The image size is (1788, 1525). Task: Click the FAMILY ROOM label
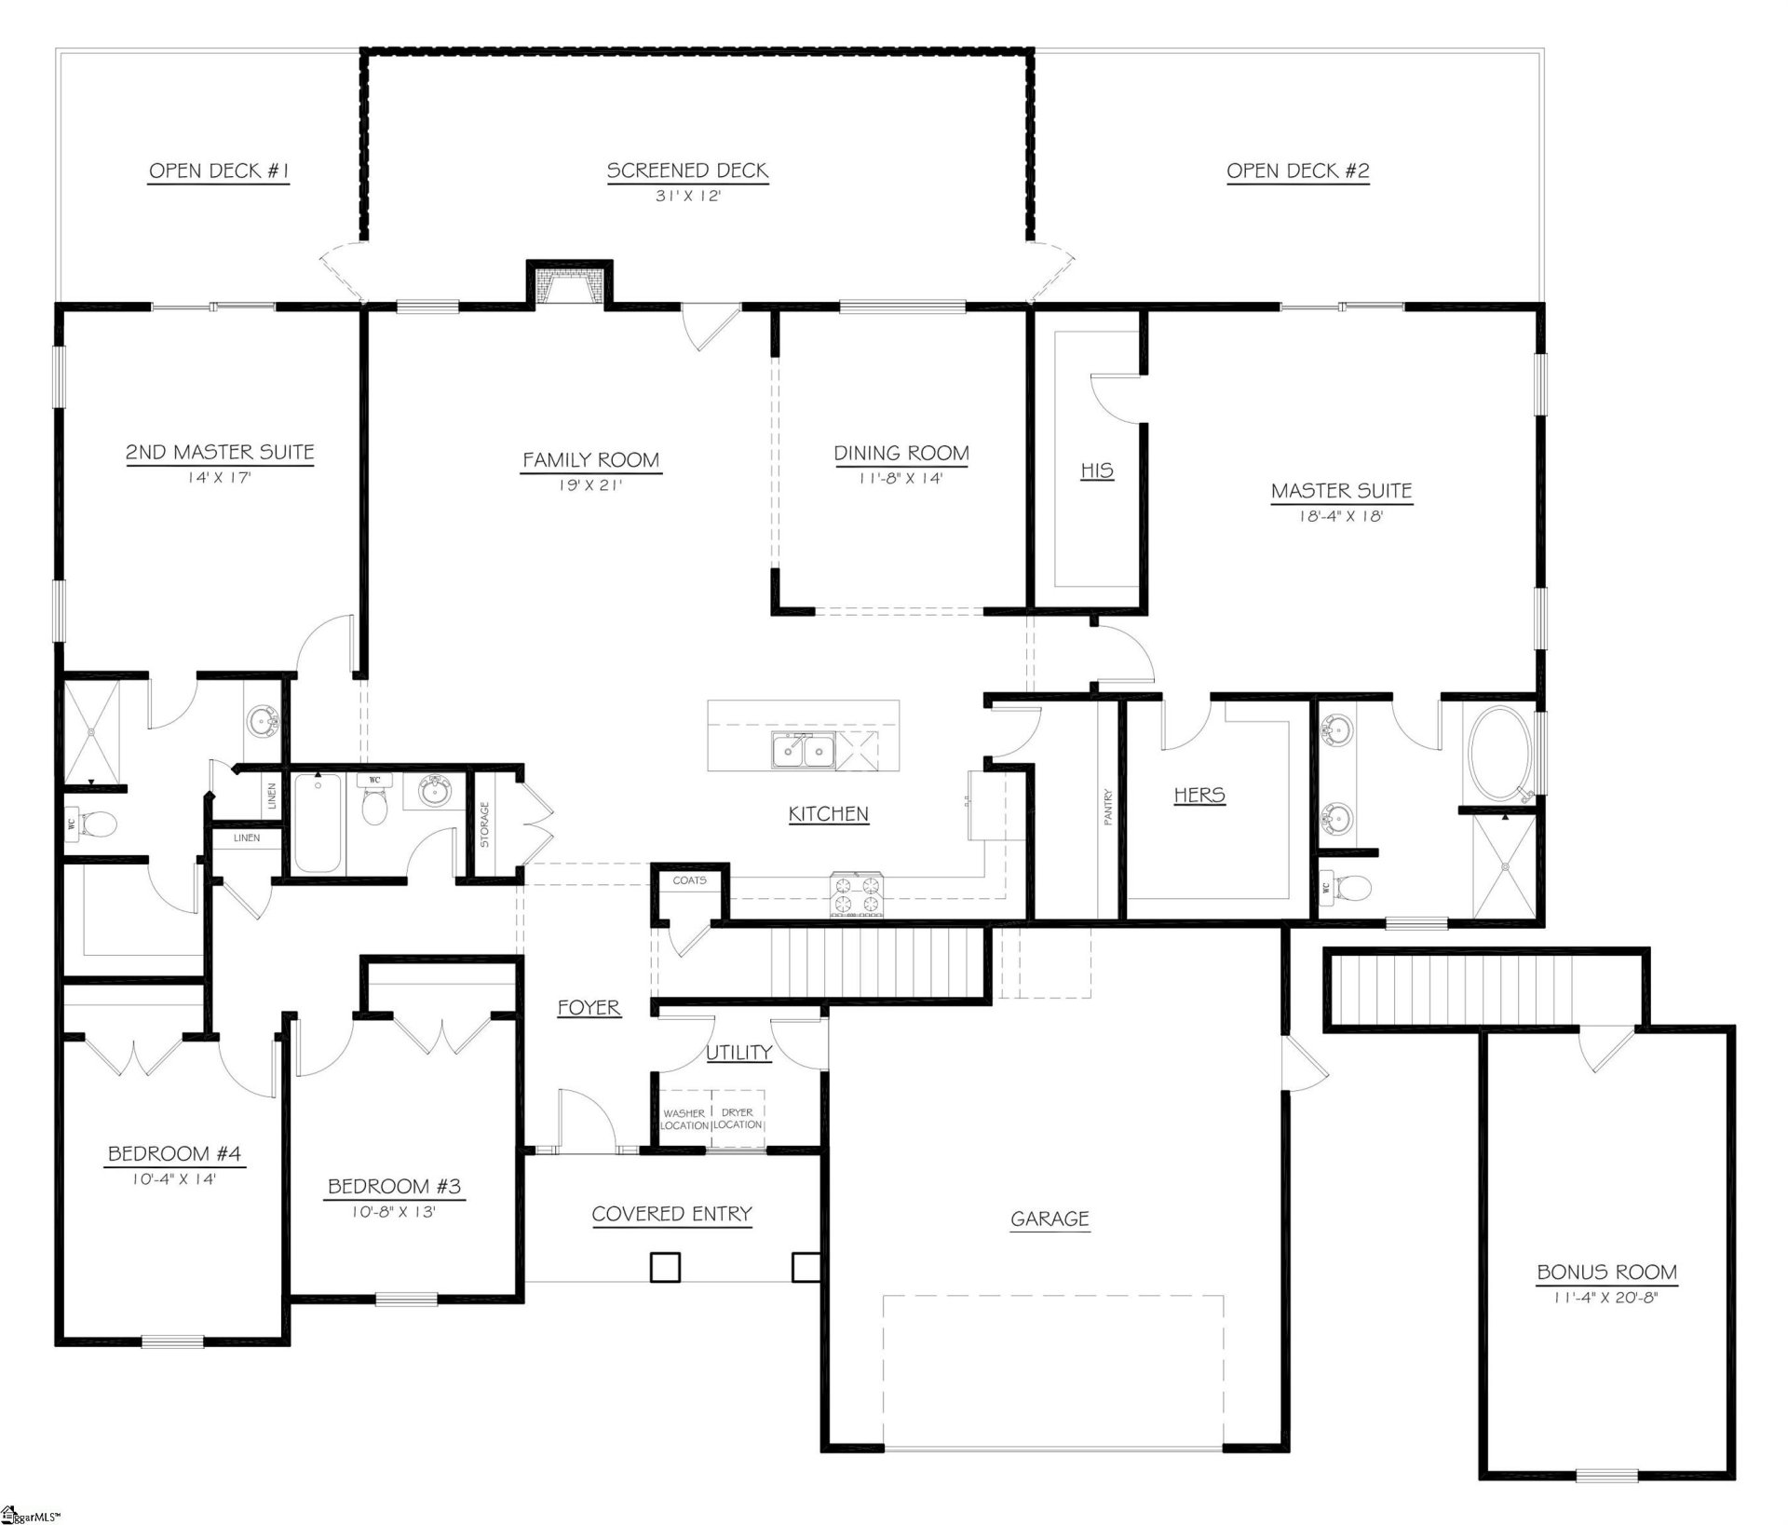tap(590, 460)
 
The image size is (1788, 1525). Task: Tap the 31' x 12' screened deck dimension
tap(687, 197)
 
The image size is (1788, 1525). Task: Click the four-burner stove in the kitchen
tap(856, 894)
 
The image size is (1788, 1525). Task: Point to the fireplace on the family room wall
tap(569, 285)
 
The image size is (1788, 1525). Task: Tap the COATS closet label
tap(689, 879)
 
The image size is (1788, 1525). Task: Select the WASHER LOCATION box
tap(684, 1119)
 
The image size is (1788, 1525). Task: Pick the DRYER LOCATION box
tap(738, 1119)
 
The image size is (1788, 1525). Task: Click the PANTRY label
tap(1107, 807)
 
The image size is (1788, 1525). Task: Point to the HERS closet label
tap(1199, 795)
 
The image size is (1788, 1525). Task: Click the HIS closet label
tap(1096, 470)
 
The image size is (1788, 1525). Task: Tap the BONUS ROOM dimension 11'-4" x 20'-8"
tap(1605, 1297)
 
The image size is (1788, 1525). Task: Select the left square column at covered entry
tap(664, 1267)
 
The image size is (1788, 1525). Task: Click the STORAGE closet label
tap(484, 824)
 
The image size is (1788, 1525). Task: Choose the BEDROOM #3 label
tap(394, 1186)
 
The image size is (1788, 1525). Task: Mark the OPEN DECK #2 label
tap(1297, 170)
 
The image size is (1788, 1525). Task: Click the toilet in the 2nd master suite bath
tap(96, 824)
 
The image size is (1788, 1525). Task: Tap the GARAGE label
tap(1050, 1219)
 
